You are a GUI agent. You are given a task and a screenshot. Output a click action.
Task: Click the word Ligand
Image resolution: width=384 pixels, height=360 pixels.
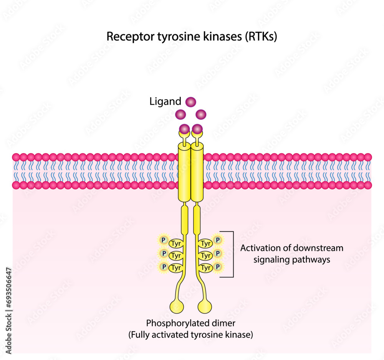click(x=165, y=102)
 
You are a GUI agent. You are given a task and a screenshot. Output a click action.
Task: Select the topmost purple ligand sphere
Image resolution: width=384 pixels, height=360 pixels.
click(x=191, y=102)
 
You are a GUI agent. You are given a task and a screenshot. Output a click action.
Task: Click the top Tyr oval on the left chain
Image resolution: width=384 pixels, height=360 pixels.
click(x=176, y=243)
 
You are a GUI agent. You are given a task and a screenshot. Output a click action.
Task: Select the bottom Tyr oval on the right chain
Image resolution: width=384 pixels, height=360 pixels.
click(x=206, y=268)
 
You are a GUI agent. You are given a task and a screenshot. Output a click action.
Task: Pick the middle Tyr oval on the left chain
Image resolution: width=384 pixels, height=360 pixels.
click(x=176, y=255)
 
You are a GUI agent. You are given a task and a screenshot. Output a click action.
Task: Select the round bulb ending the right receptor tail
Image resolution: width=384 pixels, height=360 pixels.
click(x=205, y=307)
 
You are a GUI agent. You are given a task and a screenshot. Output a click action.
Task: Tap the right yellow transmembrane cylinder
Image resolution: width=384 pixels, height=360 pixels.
click(x=197, y=173)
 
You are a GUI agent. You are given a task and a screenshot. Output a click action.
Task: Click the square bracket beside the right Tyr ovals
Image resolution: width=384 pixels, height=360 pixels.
click(x=232, y=254)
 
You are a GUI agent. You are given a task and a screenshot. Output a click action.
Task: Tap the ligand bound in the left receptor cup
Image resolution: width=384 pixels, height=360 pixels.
click(x=184, y=129)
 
